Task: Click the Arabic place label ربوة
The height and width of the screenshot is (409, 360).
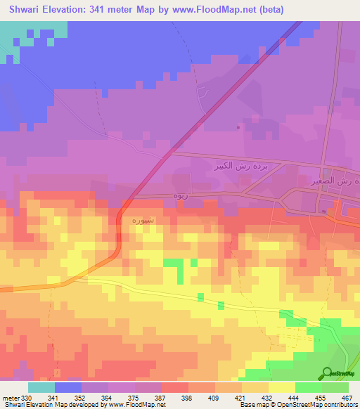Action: tap(179, 196)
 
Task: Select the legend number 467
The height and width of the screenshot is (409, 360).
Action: tap(347, 397)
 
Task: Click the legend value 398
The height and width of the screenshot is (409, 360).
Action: tap(187, 397)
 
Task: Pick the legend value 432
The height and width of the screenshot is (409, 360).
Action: tap(267, 397)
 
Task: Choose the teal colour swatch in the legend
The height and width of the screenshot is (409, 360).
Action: tap(41, 387)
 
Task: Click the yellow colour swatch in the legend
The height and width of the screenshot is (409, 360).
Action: tap(281, 387)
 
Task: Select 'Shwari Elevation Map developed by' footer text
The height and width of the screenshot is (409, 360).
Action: tap(52, 405)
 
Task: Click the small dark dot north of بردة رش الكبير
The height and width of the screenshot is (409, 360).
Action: tap(239, 127)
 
